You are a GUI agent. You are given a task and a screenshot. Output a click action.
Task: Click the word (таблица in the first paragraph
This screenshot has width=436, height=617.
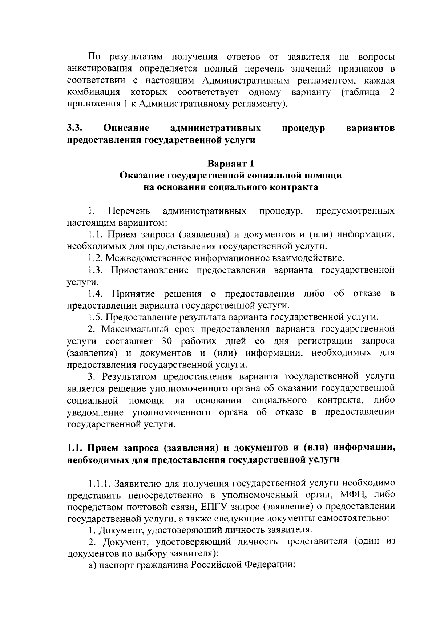click(x=361, y=92)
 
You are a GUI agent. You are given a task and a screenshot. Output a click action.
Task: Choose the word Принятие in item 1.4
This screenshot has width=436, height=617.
click(x=134, y=294)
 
